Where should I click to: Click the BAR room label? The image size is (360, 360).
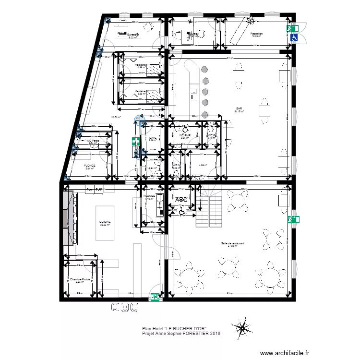(239, 108)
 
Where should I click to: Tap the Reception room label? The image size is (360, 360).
(256, 34)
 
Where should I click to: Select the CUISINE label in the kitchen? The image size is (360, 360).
(105, 222)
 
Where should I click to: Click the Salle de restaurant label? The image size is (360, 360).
(233, 244)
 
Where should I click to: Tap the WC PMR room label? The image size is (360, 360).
(185, 136)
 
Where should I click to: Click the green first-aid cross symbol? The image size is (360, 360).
(136, 142)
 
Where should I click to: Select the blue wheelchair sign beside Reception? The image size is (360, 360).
(294, 37)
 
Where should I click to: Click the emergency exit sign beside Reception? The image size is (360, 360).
(292, 29)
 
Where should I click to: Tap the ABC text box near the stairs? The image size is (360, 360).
(181, 200)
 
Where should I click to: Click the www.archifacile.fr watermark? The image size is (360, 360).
(282, 353)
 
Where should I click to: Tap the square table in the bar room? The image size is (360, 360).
(264, 111)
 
